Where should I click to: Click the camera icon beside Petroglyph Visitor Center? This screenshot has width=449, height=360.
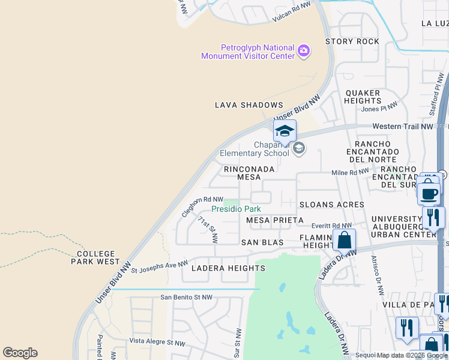tap(304, 51)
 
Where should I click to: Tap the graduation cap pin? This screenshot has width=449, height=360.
tap(285, 131)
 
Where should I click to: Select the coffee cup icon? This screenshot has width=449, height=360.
tap(429, 194)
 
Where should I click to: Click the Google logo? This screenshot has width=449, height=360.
tap(20, 353)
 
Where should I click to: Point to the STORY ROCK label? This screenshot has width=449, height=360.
tap(352, 41)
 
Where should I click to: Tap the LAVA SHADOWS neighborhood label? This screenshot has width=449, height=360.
tap(249, 105)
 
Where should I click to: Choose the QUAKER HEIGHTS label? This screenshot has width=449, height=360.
tap(363, 97)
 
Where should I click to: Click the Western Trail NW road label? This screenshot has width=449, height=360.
tap(402, 127)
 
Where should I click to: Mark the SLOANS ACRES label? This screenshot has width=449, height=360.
tap(331, 205)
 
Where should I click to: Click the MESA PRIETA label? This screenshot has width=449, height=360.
tap(275, 220)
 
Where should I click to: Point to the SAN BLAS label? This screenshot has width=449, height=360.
tap(262, 242)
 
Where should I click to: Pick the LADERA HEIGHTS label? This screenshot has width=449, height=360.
tap(220, 268)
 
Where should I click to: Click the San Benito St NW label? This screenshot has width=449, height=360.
tap(186, 297)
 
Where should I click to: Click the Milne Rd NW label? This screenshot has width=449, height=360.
tap(350, 173)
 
